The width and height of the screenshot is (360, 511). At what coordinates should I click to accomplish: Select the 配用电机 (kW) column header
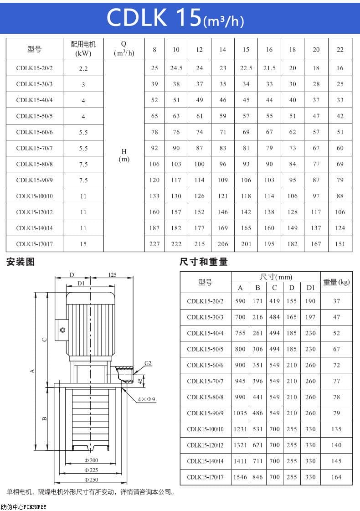coord(83,49)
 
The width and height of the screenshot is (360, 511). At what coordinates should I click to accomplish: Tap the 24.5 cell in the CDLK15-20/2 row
coord(176,68)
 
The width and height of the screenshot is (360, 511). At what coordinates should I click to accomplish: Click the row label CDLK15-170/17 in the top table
coord(35,244)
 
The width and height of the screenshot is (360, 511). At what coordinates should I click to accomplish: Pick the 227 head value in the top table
coord(154,244)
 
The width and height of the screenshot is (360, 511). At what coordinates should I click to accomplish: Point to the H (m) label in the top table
coord(124,155)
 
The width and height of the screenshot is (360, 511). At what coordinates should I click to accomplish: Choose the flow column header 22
coord(340,50)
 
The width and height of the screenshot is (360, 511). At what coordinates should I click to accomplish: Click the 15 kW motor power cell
coord(83,244)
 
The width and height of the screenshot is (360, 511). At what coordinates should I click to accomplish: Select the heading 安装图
coord(20,262)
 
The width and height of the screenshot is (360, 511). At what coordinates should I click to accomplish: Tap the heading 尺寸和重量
coord(203,262)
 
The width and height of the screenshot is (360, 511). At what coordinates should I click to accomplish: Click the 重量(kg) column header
coord(336,282)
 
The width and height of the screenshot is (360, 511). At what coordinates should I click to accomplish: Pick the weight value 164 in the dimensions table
coord(336,477)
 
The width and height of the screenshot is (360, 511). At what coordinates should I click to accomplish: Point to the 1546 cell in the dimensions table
coord(240,477)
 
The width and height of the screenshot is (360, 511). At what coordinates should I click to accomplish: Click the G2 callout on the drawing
coord(148,363)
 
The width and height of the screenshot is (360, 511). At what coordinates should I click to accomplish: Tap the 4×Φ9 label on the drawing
coord(147,399)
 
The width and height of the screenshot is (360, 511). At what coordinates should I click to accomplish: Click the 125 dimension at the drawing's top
coord(113,275)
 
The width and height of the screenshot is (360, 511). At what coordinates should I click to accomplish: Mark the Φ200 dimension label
coord(91,460)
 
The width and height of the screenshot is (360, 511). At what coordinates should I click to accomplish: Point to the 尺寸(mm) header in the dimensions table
coord(276,277)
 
